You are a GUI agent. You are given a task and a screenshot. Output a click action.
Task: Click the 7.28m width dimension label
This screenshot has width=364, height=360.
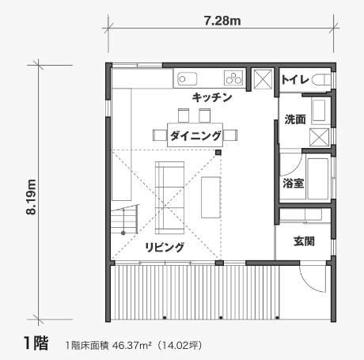tap(222, 21)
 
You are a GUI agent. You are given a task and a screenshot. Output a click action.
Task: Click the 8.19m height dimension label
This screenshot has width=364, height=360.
tap(31, 197)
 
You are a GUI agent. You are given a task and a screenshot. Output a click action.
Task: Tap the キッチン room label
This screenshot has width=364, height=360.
tap(212, 97)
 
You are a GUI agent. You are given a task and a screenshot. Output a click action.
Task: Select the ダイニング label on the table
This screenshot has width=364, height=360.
tap(195, 136)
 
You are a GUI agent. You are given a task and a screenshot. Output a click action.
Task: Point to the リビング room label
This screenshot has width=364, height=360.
tap(165, 247)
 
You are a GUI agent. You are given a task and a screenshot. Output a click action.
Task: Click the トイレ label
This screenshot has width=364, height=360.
tap(295, 79)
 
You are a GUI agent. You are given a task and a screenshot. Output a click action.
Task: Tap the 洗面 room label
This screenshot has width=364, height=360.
tap(295, 119)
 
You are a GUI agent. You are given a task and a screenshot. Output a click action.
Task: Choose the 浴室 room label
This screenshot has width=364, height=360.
tap(294, 184)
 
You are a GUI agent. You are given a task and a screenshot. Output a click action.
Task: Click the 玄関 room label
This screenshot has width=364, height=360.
tap(304, 241)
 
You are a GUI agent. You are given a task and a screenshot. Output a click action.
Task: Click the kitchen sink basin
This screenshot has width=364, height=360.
tap(187, 79)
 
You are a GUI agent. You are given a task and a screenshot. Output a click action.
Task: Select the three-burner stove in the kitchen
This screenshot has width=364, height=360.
tap(233, 78)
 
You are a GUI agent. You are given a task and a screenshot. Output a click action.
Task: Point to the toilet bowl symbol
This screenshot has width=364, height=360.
tap(321, 80)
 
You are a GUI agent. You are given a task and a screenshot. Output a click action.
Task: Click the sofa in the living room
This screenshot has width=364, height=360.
tap(169, 198)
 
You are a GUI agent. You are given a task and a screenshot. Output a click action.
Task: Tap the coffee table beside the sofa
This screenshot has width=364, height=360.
tap(210, 198)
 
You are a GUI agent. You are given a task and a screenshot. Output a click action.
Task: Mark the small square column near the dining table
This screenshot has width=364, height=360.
tap(218, 152)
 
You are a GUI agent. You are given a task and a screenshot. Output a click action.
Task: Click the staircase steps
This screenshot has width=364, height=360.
tap(124, 219)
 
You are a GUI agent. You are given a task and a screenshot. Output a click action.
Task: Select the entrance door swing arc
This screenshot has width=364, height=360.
tap(311, 282)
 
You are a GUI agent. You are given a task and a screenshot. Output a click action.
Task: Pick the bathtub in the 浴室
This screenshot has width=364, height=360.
tap(317, 179)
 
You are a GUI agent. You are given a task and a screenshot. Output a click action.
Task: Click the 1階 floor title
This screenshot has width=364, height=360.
tap(36, 343)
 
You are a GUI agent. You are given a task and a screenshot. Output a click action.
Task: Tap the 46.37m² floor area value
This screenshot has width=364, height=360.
tap(132, 345)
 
